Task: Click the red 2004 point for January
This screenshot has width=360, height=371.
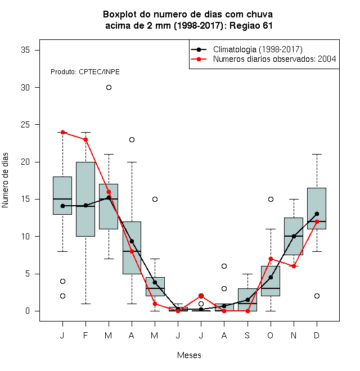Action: [62, 132]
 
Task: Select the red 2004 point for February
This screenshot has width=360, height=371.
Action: [85, 139]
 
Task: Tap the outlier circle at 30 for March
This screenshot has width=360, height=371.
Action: [109, 88]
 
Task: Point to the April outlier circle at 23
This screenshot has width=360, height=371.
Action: [132, 139]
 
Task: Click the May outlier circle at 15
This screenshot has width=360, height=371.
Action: [155, 199]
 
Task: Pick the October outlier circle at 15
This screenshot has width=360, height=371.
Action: [271, 199]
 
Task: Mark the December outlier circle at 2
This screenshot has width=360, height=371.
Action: [317, 296]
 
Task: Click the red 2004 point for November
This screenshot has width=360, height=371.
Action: [294, 266]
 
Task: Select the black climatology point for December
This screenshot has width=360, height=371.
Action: [317, 214]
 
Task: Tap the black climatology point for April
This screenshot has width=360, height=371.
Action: [132, 241]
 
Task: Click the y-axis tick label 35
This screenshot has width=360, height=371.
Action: [25, 50]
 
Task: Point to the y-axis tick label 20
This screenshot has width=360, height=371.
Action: [25, 162]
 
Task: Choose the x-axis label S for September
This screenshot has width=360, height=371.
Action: [247, 335]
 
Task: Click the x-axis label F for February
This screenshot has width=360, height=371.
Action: [85, 335]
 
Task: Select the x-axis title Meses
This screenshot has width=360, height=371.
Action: [189, 355]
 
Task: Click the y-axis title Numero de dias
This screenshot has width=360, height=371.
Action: [5, 180]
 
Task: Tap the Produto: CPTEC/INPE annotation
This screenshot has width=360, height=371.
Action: [85, 72]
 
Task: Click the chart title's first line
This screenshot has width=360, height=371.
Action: [188, 15]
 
